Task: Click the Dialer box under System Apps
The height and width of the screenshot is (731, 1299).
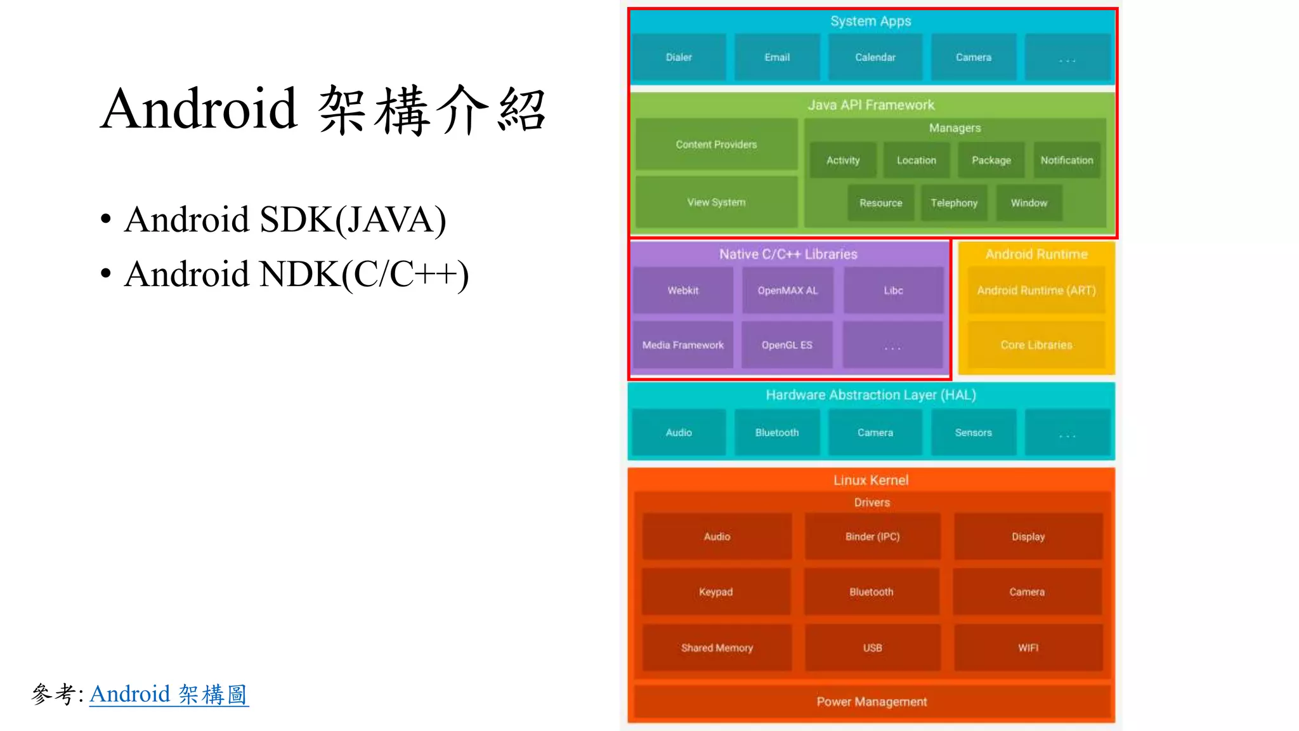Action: tap(679, 57)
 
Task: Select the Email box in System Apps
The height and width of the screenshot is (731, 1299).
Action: tap(777, 57)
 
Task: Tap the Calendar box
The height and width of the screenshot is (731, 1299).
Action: tap(875, 57)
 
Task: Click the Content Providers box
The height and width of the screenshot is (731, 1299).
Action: tap(716, 145)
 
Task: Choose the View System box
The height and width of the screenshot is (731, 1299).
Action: tap(716, 202)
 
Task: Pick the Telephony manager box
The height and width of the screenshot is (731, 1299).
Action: tap(954, 203)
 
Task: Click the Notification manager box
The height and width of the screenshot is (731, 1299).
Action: tap(1067, 161)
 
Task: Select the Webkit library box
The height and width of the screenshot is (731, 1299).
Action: tap(682, 291)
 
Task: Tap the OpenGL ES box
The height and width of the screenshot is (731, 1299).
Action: tap(787, 345)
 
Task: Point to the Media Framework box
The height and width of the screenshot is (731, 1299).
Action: tap(682, 345)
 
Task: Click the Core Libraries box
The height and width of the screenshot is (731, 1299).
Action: tap(1036, 345)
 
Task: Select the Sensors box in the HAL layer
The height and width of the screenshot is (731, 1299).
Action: tap(973, 433)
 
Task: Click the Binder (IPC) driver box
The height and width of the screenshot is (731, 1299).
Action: tap(872, 537)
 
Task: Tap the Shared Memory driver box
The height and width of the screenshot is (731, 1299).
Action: tap(717, 648)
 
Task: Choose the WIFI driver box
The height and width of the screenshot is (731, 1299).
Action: tap(1028, 648)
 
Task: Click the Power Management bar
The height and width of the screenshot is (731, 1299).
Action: tap(871, 702)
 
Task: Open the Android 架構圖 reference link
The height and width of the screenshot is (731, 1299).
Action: tap(169, 694)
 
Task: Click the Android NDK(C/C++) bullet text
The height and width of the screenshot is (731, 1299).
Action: tap(296, 274)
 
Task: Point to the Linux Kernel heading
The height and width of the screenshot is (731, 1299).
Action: tap(871, 480)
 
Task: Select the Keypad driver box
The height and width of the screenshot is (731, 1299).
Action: tap(715, 592)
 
